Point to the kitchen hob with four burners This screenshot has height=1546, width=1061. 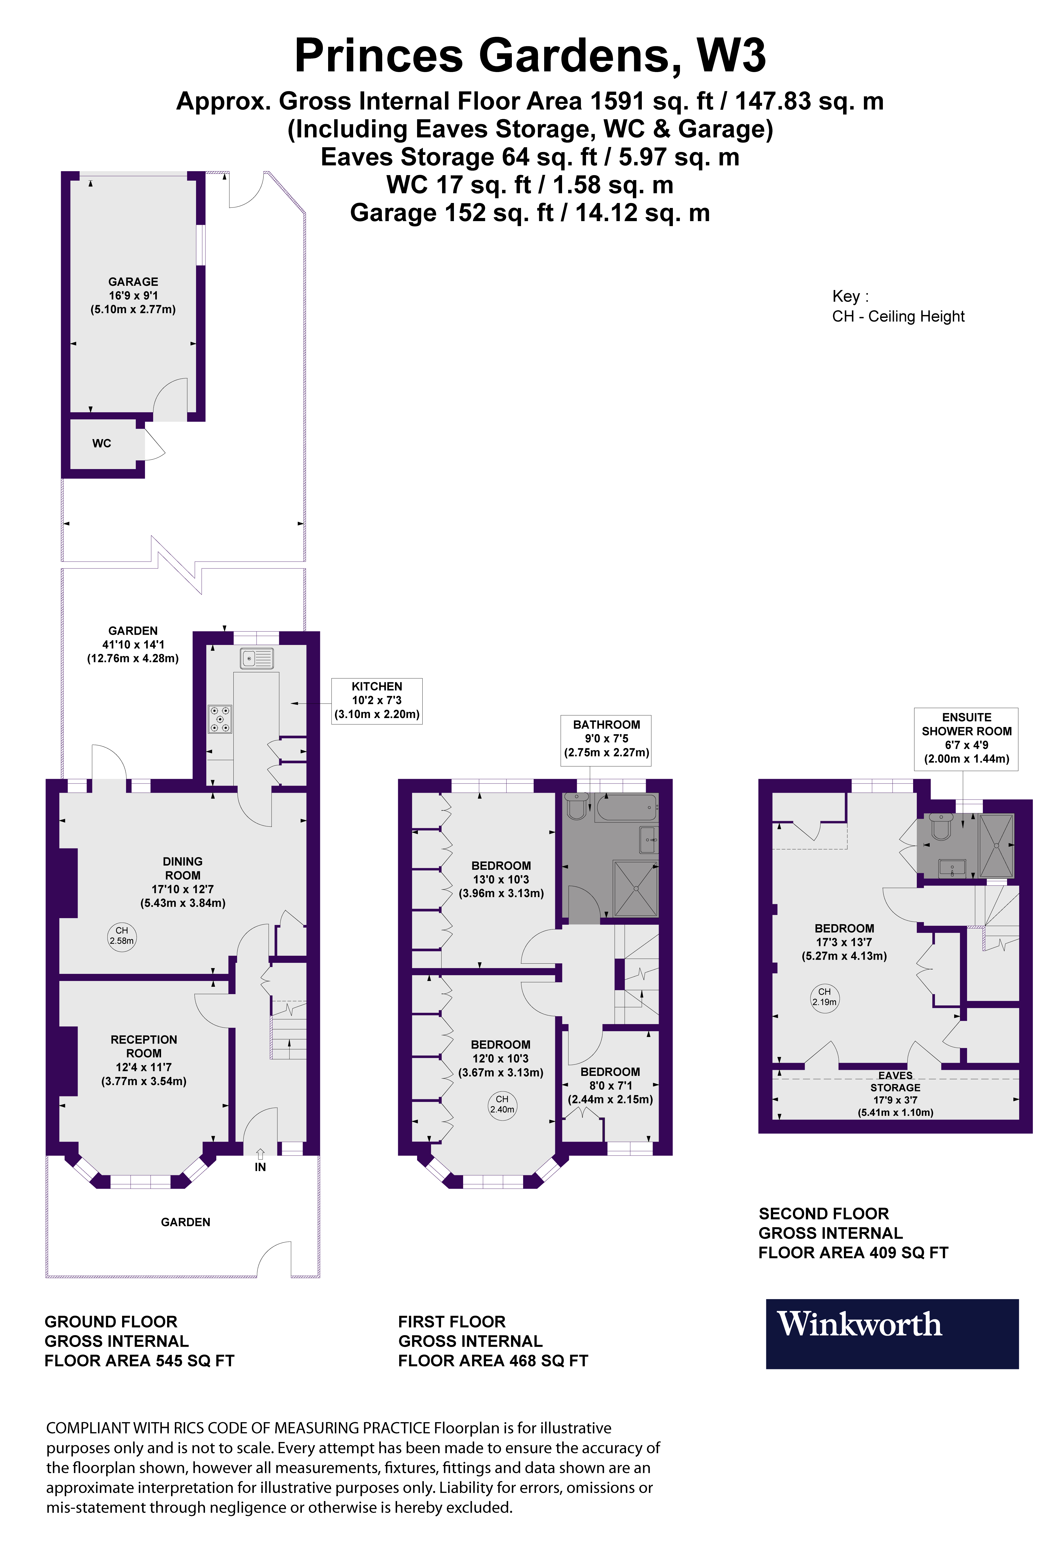pos(220,719)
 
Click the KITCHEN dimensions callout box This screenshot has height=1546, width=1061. pos(377,700)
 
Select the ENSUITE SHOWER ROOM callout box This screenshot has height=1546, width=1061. pos(966,738)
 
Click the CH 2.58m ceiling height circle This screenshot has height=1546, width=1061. pos(122,935)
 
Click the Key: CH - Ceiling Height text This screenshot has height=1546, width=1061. pos(897,307)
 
